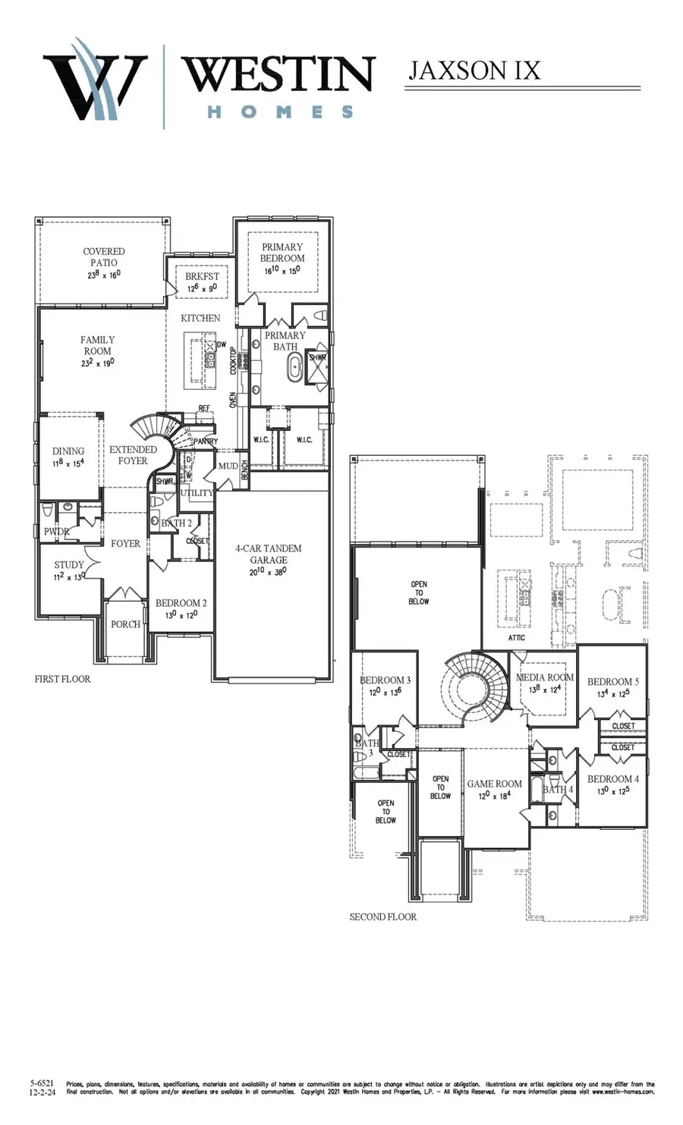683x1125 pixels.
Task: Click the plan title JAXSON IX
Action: [x=474, y=71]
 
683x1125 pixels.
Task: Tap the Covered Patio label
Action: [x=104, y=257]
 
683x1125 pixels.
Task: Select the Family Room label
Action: [x=97, y=346]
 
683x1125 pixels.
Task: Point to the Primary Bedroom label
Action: [x=282, y=253]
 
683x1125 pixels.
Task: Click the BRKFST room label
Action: [x=202, y=277]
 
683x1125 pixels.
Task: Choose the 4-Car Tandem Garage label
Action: [x=269, y=554]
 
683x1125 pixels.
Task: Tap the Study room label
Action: [x=69, y=565]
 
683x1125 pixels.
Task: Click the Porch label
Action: [x=125, y=624]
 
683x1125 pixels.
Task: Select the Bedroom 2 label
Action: [x=181, y=604]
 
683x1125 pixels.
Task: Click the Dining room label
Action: [x=68, y=451]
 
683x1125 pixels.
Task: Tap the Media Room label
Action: [x=545, y=677]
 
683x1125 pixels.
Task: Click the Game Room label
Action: [x=494, y=784]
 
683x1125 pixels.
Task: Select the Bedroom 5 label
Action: [x=613, y=682]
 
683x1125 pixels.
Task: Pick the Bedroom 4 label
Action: [x=613, y=779]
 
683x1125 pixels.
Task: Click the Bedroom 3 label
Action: [x=386, y=680]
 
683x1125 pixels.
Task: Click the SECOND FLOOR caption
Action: [x=383, y=917]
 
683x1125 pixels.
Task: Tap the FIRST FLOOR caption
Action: [x=62, y=679]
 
